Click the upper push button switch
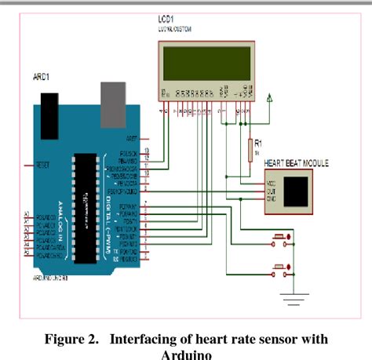(280, 235)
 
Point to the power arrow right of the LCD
(271, 98)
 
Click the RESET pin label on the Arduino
(43, 165)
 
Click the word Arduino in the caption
(186, 353)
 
